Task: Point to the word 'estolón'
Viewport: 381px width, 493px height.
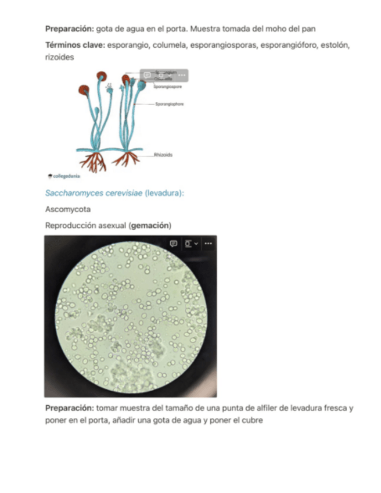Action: tap(335, 45)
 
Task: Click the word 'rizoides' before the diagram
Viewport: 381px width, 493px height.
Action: tap(59, 58)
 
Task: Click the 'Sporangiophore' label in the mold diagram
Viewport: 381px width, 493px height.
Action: tap(169, 104)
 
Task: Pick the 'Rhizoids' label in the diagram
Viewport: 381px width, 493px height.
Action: tap(163, 155)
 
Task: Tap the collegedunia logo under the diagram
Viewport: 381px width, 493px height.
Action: tap(64, 176)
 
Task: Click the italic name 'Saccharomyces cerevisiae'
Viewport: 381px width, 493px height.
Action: tap(93, 193)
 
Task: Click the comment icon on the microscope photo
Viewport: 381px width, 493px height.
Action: tap(173, 244)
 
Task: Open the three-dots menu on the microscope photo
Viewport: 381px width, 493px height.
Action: tap(208, 244)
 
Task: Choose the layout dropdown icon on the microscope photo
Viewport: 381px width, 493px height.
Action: tap(190, 244)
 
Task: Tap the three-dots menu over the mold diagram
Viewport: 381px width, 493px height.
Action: tap(182, 75)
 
